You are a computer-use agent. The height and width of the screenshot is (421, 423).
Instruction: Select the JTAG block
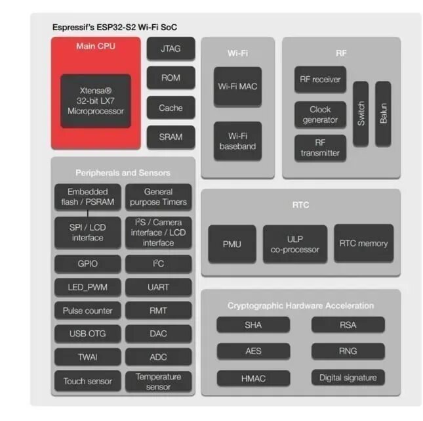(x=171, y=48)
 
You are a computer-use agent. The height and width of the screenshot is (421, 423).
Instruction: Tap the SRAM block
(x=171, y=137)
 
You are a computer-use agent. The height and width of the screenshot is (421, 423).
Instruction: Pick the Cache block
(x=171, y=108)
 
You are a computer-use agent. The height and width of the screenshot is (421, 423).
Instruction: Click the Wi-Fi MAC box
(x=237, y=86)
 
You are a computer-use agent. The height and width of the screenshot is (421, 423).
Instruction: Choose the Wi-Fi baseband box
(x=237, y=141)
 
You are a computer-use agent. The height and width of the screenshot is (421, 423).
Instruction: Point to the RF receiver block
(x=320, y=79)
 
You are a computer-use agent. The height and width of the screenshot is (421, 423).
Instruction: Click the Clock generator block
(x=320, y=115)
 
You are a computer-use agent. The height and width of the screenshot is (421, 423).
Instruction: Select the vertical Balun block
(x=383, y=114)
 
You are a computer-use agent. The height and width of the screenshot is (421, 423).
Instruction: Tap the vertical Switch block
(x=361, y=114)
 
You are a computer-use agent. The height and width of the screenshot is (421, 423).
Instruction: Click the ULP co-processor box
(x=295, y=244)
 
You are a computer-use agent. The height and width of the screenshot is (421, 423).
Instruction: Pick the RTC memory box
(x=363, y=244)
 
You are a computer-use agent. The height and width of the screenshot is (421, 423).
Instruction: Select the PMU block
(x=232, y=244)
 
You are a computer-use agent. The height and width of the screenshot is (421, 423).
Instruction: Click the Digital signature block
(x=348, y=378)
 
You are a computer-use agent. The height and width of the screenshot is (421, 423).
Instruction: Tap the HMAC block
(x=252, y=378)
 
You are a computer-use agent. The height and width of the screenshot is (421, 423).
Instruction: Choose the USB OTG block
(x=87, y=334)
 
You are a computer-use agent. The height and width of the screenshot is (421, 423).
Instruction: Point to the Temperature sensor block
(x=158, y=382)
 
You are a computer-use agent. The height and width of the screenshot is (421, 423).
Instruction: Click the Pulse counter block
(x=87, y=311)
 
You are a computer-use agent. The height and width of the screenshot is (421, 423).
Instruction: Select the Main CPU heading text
(x=96, y=46)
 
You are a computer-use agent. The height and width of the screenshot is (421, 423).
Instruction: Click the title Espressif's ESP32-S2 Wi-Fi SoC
(x=114, y=27)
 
